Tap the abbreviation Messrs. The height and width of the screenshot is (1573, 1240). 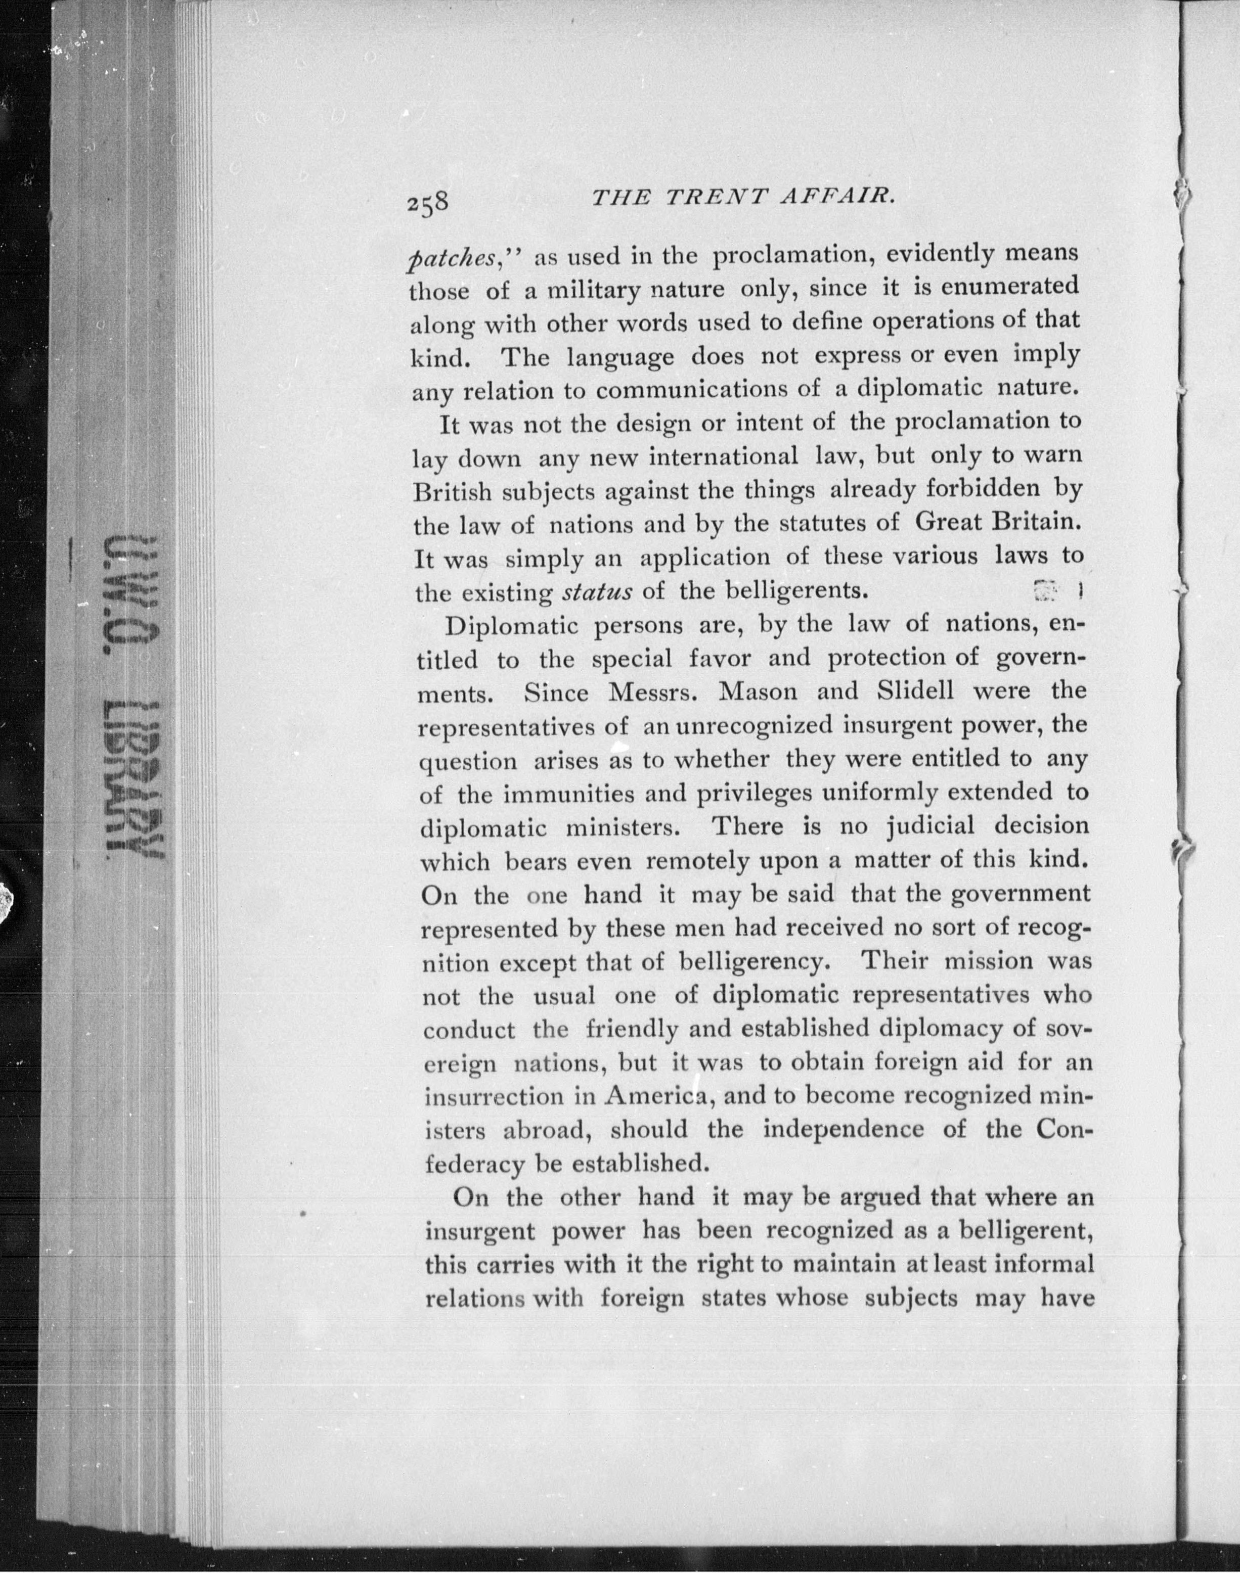653,693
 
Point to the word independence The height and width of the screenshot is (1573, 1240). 843,1130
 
